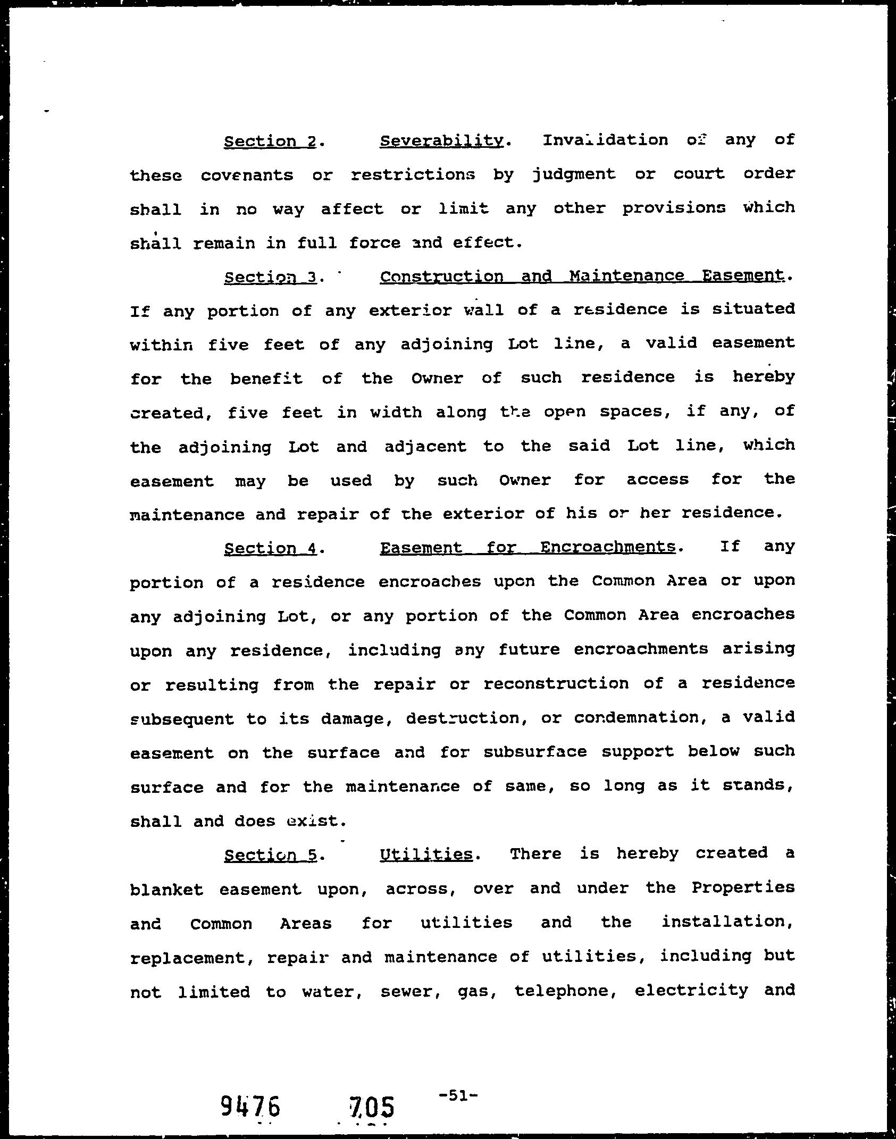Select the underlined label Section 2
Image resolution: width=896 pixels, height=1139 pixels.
(270, 141)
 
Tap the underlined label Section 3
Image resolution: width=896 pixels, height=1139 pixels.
(271, 277)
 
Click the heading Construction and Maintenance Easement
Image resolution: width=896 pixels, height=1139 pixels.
(582, 276)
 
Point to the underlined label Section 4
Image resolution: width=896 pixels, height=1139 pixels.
(271, 548)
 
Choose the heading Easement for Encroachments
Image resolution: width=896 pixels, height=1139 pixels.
(527, 547)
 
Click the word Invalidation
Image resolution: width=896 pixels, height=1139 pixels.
(605, 140)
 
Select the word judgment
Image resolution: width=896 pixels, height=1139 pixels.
(574, 175)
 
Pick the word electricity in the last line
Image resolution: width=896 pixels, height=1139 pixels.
(691, 990)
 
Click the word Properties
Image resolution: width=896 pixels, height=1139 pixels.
(743, 887)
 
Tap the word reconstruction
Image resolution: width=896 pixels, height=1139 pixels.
(556, 683)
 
